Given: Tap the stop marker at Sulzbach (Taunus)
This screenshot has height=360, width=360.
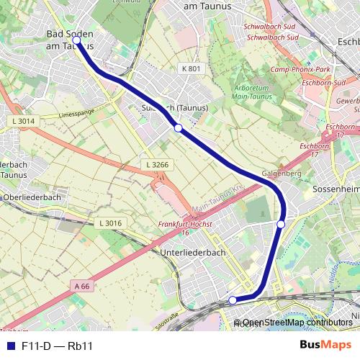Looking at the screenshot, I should point(178,128).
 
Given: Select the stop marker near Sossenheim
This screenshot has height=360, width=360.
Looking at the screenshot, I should point(281,225).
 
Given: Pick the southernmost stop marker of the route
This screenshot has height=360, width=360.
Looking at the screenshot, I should point(233,300).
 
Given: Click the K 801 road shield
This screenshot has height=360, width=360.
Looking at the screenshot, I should point(189,68).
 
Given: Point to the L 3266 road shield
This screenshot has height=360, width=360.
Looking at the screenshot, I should point(157,165).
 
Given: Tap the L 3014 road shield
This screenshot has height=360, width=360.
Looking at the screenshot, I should point(23,121).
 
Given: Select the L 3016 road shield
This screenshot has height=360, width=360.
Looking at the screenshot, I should point(109,223).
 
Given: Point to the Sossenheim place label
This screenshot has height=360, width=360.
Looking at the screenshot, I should point(336,188).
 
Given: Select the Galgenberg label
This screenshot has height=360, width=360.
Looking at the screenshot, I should point(282,174).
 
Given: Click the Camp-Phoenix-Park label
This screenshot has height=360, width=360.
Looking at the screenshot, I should point(300,70).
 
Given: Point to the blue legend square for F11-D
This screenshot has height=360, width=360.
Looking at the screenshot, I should point(11,346).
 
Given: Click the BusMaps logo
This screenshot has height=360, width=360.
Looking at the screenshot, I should point(325,346).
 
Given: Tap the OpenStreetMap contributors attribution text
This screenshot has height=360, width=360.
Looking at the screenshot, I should point(297,322).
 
